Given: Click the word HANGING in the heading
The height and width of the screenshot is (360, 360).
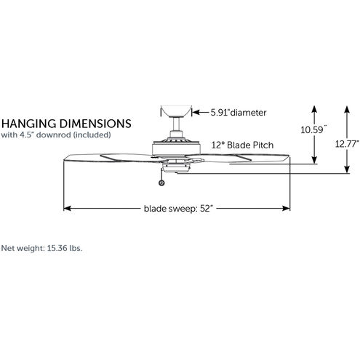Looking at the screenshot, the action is pyautogui.click(x=29, y=124).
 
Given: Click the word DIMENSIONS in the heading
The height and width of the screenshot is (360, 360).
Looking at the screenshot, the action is pyautogui.click(x=95, y=124).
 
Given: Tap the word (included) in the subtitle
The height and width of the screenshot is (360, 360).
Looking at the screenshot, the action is pyautogui.click(x=92, y=135).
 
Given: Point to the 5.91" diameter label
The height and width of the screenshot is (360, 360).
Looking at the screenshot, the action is pyautogui.click(x=239, y=113).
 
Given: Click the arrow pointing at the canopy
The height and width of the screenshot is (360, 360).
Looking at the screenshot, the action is pyautogui.click(x=201, y=113).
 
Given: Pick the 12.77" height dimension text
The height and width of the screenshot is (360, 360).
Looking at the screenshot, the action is pyautogui.click(x=347, y=144).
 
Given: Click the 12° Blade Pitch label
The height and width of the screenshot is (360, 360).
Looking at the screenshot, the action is pyautogui.click(x=242, y=145).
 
